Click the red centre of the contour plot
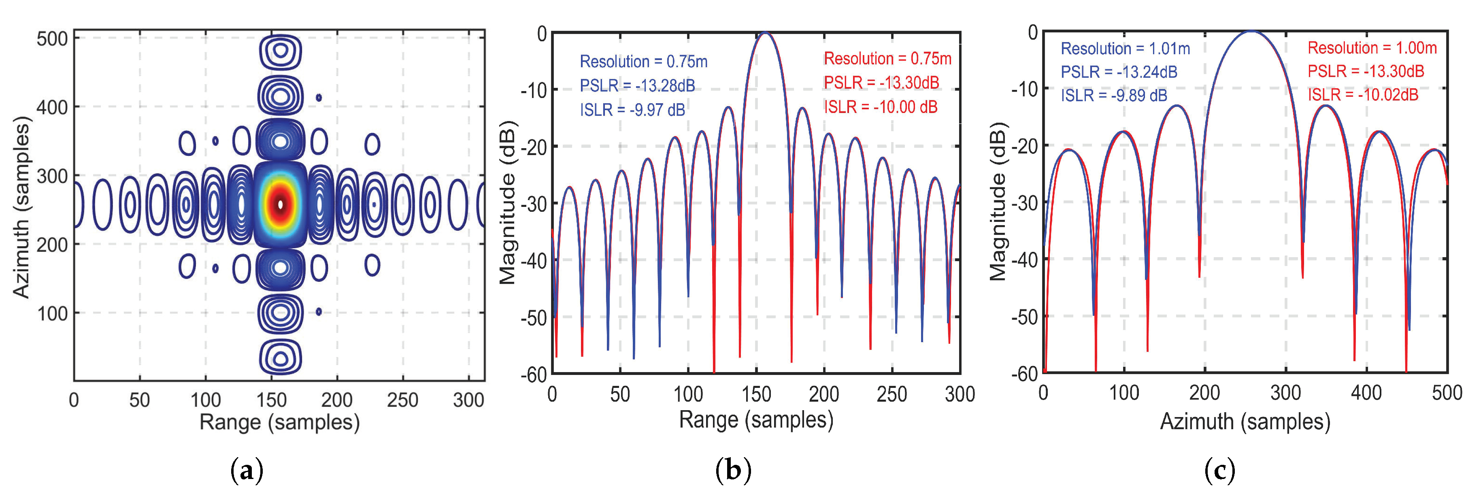point(281,204)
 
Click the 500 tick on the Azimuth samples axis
point(52,39)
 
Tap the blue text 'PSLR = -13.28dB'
point(637,86)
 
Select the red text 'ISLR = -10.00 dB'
point(880,107)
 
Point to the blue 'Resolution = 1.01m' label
point(1125,49)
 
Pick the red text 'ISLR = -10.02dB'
point(1363,95)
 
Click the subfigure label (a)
point(247,470)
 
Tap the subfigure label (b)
point(733,470)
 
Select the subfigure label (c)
point(1219,470)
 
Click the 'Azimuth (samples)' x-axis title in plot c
point(1245,421)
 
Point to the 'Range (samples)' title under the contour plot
point(279,422)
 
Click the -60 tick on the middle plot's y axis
point(533,375)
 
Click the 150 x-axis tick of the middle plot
point(756,395)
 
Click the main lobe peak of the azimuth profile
point(1251,32)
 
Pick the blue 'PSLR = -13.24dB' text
point(1119,72)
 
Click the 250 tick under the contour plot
point(402,400)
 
